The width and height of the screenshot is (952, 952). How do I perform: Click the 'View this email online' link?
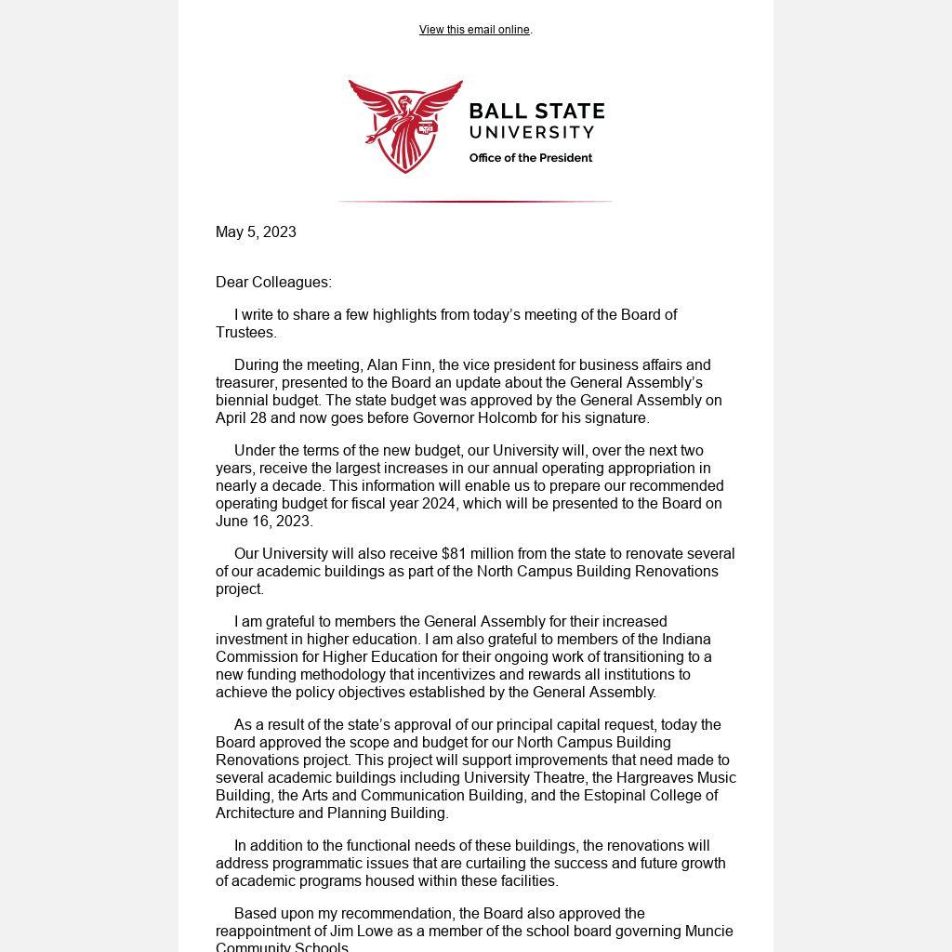(x=474, y=30)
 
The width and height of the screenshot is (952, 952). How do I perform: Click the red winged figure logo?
(x=405, y=126)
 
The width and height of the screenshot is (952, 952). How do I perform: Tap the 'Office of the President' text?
(x=531, y=158)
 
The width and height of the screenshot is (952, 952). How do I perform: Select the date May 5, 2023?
(x=256, y=232)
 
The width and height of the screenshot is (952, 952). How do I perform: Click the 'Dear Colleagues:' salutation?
(x=273, y=283)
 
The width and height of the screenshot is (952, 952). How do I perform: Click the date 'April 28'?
(x=241, y=418)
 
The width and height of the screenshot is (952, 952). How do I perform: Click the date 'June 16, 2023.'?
(x=264, y=522)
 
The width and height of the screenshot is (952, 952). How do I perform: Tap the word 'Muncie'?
(x=709, y=932)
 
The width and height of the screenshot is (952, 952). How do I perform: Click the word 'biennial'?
(x=243, y=401)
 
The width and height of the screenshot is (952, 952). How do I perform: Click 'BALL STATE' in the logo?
(x=536, y=112)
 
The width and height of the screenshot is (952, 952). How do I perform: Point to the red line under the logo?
(x=475, y=201)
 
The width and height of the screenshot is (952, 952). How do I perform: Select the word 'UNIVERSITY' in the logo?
(x=531, y=132)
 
